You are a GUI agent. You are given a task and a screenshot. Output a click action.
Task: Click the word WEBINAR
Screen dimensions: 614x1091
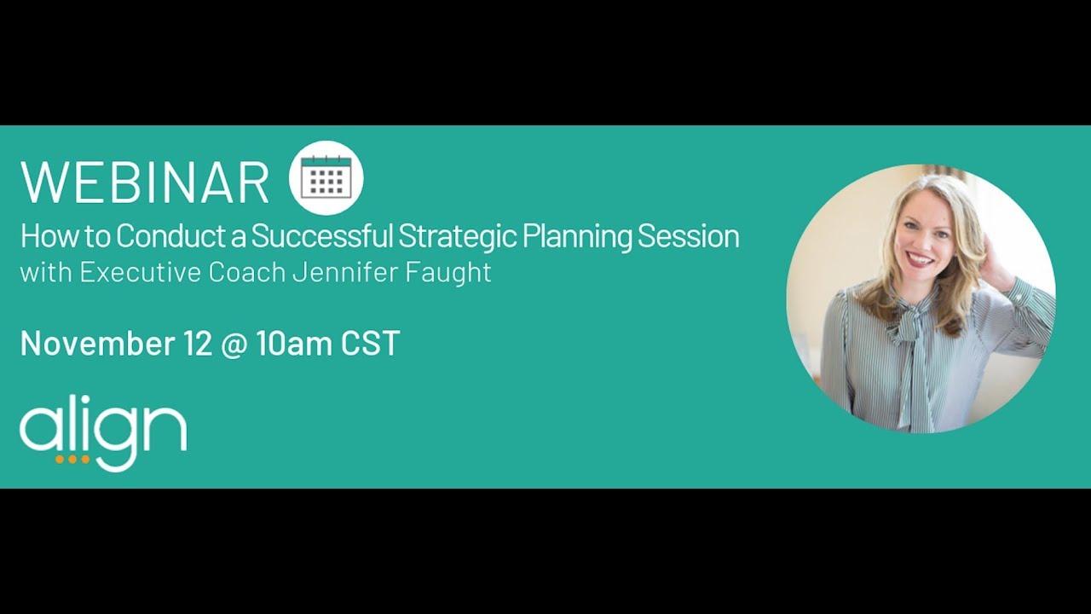point(144,181)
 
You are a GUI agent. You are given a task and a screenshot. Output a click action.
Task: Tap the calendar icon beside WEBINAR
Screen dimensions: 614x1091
point(326,177)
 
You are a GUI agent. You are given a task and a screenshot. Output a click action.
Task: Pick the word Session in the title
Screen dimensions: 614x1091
point(688,236)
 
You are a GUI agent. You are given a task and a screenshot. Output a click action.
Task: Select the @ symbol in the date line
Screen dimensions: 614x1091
point(238,344)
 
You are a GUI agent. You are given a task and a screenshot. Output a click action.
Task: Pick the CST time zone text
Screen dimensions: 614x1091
point(371,343)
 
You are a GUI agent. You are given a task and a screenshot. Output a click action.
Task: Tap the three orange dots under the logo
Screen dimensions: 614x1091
point(72,459)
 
